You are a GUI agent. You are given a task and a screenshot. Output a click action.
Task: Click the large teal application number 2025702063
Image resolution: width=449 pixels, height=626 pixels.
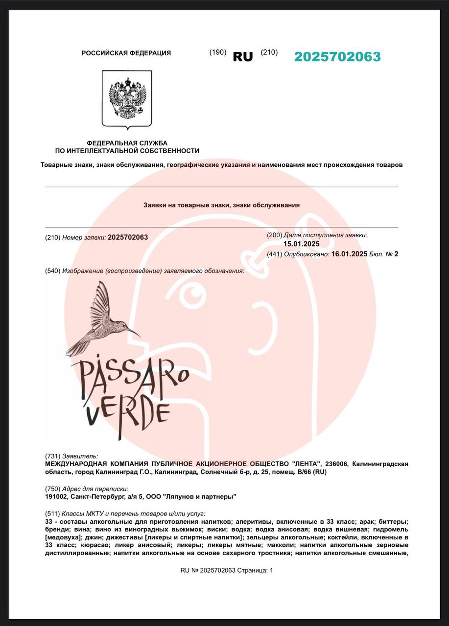tap(337, 57)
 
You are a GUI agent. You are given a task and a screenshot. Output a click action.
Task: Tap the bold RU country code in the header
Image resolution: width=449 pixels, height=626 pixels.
tap(243, 57)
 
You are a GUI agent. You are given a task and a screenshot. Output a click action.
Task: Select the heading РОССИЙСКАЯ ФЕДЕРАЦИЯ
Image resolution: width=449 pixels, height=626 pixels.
tap(126, 53)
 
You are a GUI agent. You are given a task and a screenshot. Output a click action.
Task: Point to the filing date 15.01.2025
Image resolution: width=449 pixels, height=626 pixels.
tap(301, 244)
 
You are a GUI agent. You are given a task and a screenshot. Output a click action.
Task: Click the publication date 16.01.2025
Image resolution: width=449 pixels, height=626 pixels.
tap(349, 254)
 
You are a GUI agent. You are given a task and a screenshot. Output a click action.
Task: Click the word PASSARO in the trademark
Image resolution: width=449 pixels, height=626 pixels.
tap(130, 377)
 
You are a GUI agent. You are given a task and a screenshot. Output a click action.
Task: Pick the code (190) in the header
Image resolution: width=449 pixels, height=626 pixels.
tap(218, 52)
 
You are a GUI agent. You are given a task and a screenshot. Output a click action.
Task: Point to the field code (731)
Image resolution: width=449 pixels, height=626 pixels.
tap(52, 456)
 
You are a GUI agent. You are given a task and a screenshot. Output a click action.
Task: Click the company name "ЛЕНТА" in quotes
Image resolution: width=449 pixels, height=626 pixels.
tap(306, 464)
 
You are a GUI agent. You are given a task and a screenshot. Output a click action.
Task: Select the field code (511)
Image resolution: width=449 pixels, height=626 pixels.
tap(52, 514)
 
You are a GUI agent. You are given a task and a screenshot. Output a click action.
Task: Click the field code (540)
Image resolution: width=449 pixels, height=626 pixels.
tap(52, 271)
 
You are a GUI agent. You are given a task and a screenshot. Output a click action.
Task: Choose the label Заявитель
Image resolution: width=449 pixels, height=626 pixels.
tap(80, 456)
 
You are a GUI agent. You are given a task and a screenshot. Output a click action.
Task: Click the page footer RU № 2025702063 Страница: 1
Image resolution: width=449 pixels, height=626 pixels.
tap(227, 570)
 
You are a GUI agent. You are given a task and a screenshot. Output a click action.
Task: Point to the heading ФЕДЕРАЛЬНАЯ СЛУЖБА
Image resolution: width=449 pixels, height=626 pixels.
tap(127, 142)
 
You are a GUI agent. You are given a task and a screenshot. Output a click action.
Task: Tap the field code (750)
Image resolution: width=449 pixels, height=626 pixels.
tap(52, 489)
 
